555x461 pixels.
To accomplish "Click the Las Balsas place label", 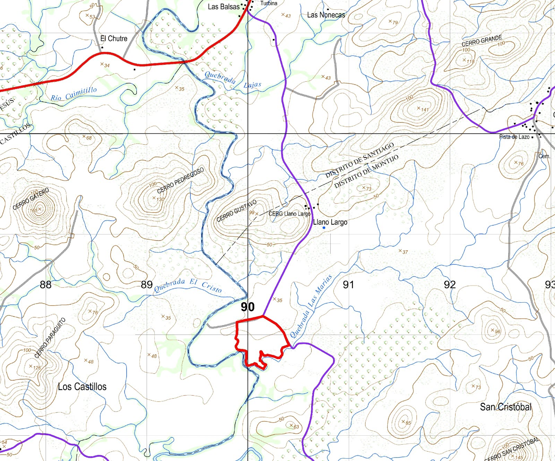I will point(223,7).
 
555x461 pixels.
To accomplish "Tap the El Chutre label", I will point(114,38).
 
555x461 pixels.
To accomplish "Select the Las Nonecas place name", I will point(326,15).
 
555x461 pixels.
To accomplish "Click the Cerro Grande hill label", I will point(481,41).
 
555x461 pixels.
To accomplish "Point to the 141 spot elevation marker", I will point(419,108).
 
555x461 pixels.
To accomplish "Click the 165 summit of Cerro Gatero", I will point(40,209).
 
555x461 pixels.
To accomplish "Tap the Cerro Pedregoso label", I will point(180,181).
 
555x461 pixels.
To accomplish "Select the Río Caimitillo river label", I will point(74,94).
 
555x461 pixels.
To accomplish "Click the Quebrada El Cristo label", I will point(188,286).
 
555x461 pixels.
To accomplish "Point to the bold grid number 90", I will point(248,307).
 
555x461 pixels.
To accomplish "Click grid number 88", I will point(45,285).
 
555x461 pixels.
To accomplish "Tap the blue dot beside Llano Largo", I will point(324,228).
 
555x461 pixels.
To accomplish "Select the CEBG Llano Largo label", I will point(289,214).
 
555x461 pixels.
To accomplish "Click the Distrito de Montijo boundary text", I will point(366,171).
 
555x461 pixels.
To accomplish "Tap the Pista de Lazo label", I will point(514,137).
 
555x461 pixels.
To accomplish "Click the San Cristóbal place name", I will point(505,407).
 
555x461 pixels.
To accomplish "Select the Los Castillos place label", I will point(82,386).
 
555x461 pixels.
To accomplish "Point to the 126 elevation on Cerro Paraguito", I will point(31,366).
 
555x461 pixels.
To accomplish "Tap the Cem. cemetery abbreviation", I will point(544,156).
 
